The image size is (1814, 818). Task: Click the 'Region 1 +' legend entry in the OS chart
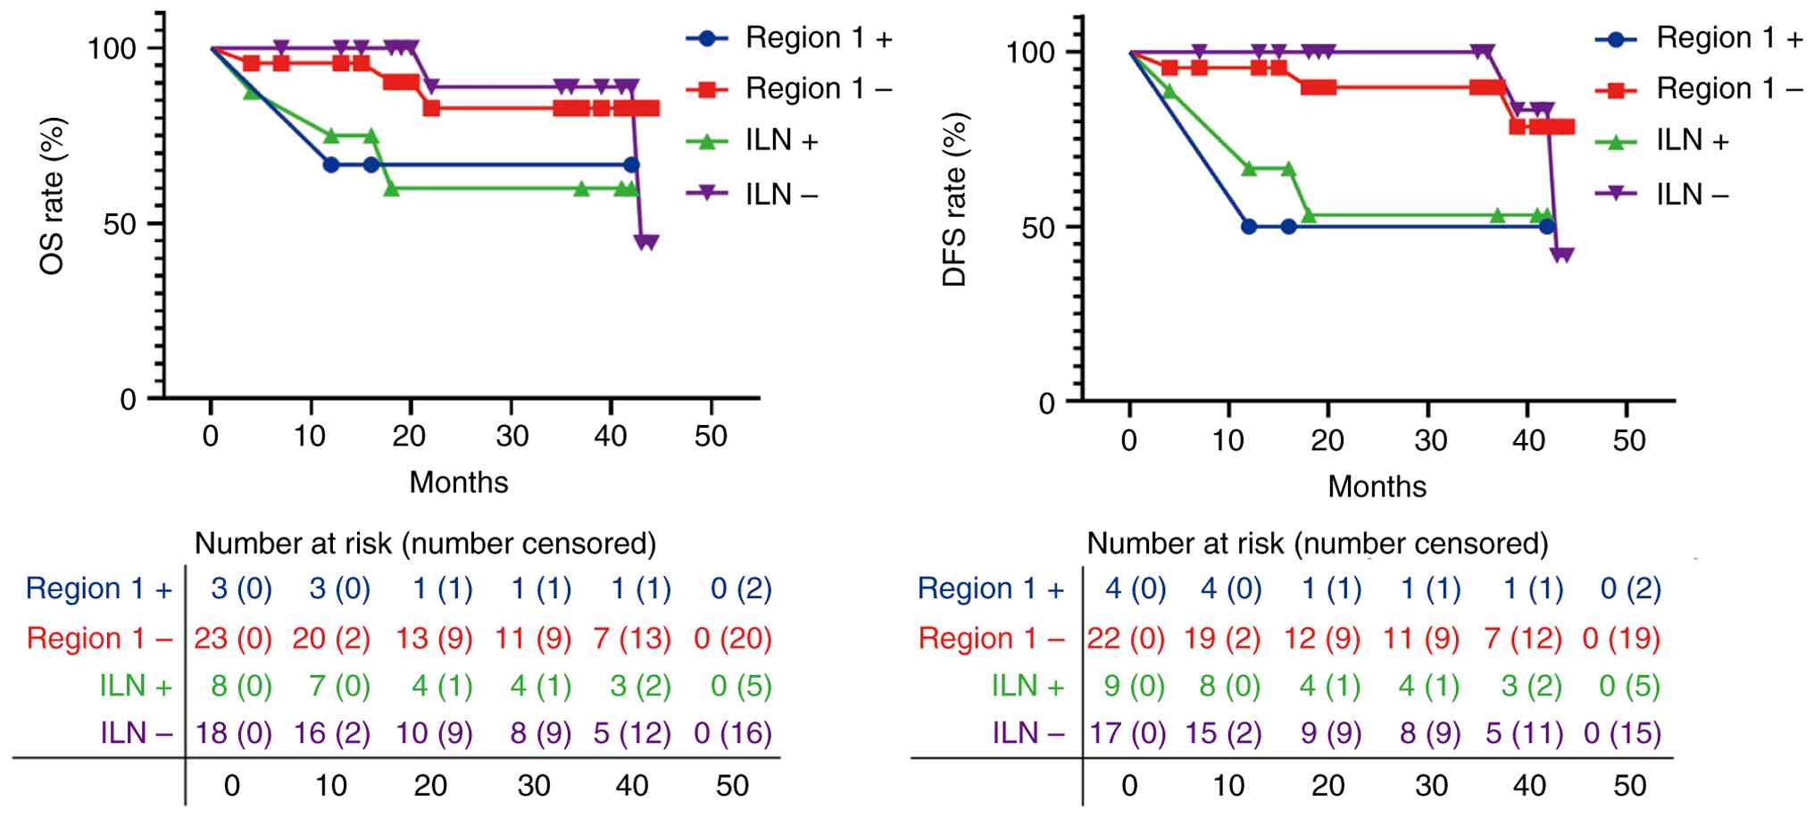tap(818, 38)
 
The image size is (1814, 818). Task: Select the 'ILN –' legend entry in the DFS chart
tap(1691, 194)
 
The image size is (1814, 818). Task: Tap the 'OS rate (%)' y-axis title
tap(53, 196)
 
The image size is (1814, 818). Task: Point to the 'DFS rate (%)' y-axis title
tap(954, 199)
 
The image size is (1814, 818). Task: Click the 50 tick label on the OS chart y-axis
tap(120, 224)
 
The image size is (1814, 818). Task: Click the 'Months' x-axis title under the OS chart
tap(459, 482)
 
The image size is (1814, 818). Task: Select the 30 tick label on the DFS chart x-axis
tap(1430, 440)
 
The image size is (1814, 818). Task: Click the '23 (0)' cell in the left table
tap(233, 639)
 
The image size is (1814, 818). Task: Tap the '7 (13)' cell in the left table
tap(632, 639)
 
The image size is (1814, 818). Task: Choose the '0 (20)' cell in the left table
tap(732, 639)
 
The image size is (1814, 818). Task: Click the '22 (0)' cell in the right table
tap(1126, 639)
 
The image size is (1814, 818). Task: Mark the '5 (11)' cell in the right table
tap(1523, 733)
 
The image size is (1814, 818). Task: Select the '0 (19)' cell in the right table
tap(1620, 639)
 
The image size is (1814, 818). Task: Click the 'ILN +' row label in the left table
tap(136, 686)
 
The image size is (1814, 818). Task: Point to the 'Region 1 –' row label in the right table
tap(991, 639)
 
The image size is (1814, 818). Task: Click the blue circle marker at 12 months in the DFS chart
tap(1249, 227)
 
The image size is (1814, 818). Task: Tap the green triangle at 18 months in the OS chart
tap(391, 189)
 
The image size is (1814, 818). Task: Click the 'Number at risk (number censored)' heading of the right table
tap(1317, 543)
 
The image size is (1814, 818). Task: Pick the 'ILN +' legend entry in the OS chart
tap(781, 141)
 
